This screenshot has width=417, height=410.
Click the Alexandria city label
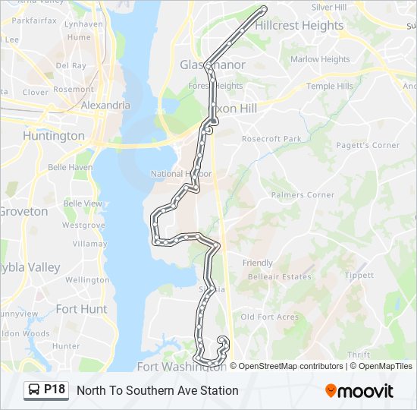[105, 105]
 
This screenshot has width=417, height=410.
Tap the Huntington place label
[54, 136]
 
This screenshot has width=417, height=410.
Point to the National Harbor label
[181, 174]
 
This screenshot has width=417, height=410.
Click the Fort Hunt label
[81, 309]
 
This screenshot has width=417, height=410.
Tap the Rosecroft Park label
[271, 139]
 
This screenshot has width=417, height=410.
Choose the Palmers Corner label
[303, 195]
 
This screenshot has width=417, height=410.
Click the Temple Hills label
[330, 87]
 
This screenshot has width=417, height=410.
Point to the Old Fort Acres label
[268, 317]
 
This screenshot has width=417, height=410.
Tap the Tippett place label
[359, 276]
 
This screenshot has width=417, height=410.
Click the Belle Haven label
[70, 167]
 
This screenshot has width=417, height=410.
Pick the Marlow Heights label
[320, 59]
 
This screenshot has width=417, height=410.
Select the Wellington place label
[87, 280]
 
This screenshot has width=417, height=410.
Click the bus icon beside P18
[34, 390]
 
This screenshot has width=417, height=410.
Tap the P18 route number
[55, 389]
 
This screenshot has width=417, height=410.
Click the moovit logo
[359, 391]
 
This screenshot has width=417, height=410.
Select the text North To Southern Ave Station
[158, 390]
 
